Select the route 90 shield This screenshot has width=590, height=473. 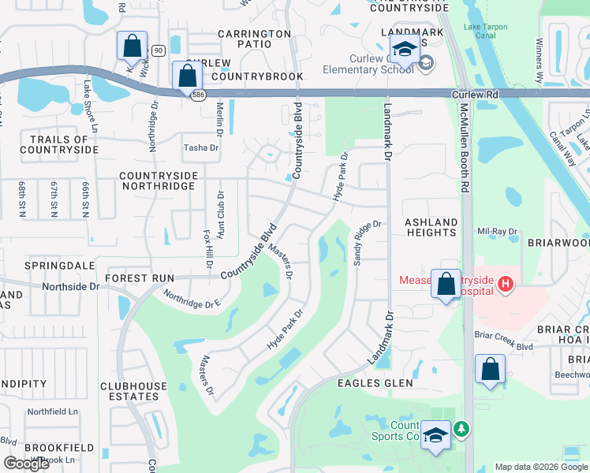point(158,50)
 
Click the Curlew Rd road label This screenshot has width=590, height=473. point(476,93)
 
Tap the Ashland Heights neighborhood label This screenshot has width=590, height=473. point(431,228)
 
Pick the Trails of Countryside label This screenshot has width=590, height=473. point(64,144)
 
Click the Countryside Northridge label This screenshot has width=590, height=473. point(157,181)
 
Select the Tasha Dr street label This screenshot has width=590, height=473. point(200,147)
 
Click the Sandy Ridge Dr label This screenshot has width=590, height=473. point(368,242)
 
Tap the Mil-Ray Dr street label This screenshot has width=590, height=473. point(497,232)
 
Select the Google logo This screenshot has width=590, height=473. point(26,463)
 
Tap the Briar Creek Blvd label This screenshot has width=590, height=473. point(504,346)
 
